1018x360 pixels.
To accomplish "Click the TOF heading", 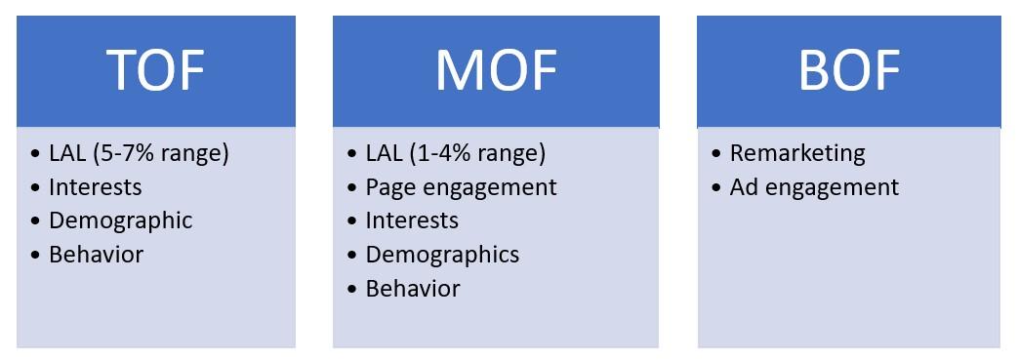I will click(156, 70).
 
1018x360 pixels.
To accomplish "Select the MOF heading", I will click(496, 70).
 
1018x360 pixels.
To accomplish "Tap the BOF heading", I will click(848, 70).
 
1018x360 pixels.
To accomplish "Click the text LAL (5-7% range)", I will click(139, 153).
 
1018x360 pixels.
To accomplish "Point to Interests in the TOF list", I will click(95, 186).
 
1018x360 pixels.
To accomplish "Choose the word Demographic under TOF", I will click(120, 220).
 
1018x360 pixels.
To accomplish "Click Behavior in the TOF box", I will click(96, 255).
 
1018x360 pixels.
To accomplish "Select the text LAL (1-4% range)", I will click(455, 153).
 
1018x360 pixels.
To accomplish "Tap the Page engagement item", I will click(461, 186).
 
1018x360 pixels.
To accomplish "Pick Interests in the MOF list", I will click(412, 220).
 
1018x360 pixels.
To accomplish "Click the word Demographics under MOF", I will click(442, 255).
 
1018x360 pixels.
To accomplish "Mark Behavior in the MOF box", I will click(412, 289).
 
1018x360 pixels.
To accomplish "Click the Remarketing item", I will click(797, 153).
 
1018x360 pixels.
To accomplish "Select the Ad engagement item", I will click(814, 186).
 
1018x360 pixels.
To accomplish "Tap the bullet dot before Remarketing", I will click(717, 154).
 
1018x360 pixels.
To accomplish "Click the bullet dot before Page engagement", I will click(352, 187).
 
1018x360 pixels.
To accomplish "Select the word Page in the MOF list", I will click(387, 186).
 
